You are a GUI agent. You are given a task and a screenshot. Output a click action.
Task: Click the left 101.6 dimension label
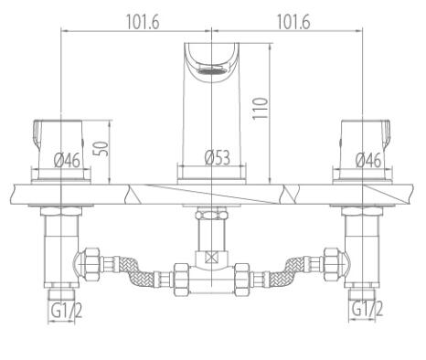[143, 22]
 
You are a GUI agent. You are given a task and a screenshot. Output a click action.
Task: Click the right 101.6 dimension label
[293, 22]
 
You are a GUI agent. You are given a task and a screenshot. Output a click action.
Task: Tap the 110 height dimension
[261, 109]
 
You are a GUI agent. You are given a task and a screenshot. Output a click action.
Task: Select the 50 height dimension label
[103, 148]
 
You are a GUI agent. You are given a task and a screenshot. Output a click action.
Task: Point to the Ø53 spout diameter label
[218, 157]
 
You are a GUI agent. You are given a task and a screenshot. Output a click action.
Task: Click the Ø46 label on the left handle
[67, 160]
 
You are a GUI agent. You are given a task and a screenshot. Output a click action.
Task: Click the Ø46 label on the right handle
[368, 160]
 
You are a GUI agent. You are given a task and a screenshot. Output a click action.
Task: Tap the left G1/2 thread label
[67, 311]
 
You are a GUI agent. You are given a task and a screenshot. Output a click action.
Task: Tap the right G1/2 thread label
[367, 308]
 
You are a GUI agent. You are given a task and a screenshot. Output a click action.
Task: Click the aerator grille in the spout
[212, 71]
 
